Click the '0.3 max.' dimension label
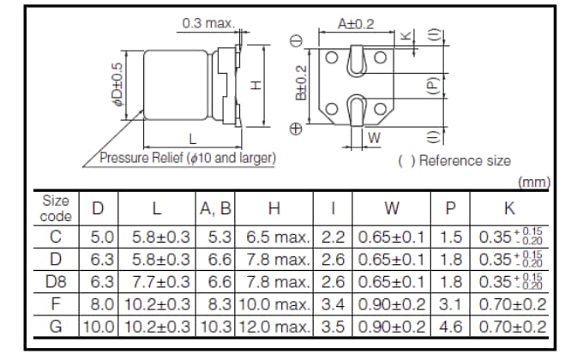coord(207,23)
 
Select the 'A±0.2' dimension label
coord(356,25)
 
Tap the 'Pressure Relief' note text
coord(187,159)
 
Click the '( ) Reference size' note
coord(454,160)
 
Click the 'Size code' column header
coord(56,208)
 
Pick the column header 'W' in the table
coord(392,208)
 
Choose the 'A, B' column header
coord(215,208)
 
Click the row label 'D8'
coord(56,281)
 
